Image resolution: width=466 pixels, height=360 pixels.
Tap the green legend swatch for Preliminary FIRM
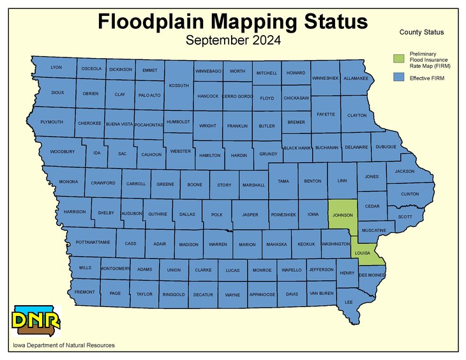398,59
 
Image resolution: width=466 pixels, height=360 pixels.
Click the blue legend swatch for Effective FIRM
398,77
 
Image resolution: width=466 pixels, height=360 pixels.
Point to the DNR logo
36,321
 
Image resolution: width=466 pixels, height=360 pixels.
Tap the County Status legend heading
421,32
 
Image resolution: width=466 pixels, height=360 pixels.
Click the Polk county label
217,215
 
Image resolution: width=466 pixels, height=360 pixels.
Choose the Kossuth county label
179,85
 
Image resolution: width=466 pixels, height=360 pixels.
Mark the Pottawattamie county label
93,243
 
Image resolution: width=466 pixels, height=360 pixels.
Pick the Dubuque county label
386,147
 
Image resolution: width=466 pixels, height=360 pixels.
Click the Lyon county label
56,67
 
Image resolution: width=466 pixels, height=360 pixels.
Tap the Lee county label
349,301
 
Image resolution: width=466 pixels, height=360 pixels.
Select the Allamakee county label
356,79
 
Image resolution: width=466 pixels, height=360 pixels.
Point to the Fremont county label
84,292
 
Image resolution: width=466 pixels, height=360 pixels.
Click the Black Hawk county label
297,147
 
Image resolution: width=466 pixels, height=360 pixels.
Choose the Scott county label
405,217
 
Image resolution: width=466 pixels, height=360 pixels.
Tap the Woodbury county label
63,152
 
